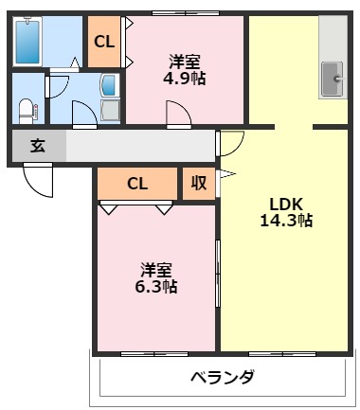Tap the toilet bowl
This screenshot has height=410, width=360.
pos(27,107)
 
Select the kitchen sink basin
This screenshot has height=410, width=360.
pos(333,77)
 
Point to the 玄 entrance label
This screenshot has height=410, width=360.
pos(37,147)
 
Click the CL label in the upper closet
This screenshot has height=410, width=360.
pos(103,41)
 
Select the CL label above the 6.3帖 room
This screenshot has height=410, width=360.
pos(137,183)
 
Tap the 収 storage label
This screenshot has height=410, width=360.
pos(199,183)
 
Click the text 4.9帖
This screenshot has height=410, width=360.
pos(184,78)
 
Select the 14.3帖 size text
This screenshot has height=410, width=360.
pos(286,221)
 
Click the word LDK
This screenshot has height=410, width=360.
pos(285,203)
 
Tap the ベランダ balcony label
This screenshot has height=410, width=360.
pos(222,377)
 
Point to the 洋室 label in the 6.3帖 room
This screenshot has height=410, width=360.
pos(156,268)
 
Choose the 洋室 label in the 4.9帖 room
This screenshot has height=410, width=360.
pos(184,61)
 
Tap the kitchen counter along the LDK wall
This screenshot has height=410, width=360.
pos(333,57)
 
